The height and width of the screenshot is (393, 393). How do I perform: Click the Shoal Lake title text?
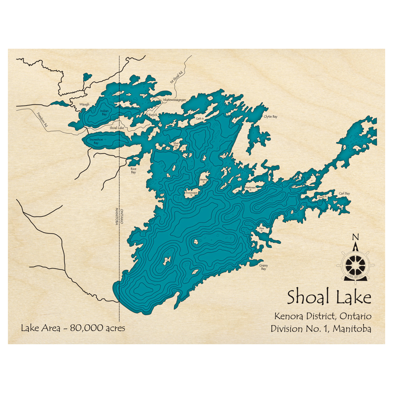pos(329,298)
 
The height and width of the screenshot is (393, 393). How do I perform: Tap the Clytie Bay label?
pos(270,117)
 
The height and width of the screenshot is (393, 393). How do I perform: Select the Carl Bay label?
pos(344,193)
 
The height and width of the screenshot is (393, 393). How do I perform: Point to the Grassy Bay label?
pos(263,267)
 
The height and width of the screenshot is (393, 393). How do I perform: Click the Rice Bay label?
pos(133,171)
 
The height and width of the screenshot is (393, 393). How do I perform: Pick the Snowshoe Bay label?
pos(94,141)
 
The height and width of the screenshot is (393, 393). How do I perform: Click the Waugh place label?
pos(84,104)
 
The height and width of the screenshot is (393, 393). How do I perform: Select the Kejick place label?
pos(153,114)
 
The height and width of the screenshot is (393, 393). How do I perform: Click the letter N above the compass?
pos(355,237)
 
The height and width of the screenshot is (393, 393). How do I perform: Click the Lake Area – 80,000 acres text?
pos(73,328)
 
